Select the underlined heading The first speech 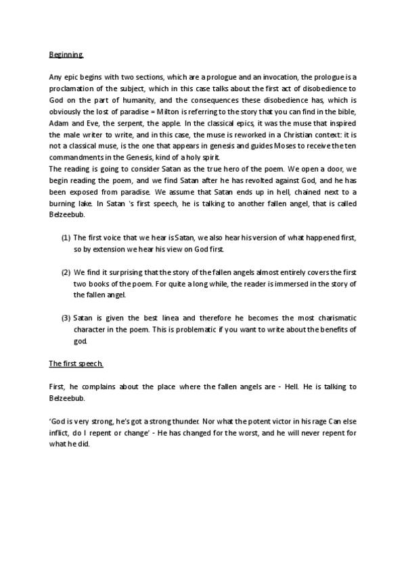pos(76,364)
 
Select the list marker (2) pos(66,286)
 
